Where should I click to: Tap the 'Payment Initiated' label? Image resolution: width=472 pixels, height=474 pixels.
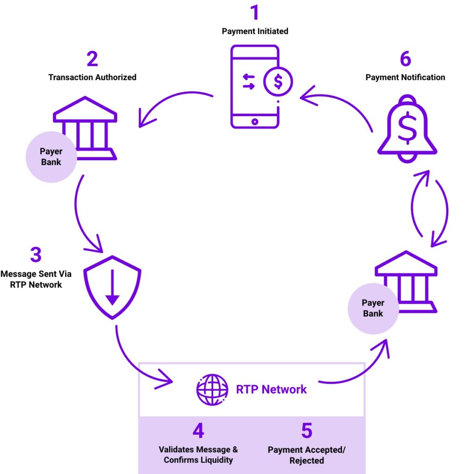point(255,31)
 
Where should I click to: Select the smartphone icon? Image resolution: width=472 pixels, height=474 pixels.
point(255,87)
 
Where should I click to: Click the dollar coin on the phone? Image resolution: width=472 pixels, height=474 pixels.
point(278,81)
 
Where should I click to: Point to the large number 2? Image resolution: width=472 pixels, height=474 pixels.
point(92,59)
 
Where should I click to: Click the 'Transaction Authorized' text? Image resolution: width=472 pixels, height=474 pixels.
point(92,77)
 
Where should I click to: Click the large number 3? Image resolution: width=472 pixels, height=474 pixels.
point(36,255)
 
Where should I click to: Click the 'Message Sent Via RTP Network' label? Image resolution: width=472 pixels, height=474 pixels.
point(36,279)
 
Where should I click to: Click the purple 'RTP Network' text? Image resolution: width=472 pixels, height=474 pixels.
point(271,389)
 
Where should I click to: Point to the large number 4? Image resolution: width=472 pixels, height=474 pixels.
point(198,430)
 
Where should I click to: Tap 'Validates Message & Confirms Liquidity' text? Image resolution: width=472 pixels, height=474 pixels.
point(198,455)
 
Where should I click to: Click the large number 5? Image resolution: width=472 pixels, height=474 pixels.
point(306,430)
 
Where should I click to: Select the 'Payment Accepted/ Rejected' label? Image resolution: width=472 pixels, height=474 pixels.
point(306,455)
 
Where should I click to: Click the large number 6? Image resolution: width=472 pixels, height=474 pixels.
point(405,59)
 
